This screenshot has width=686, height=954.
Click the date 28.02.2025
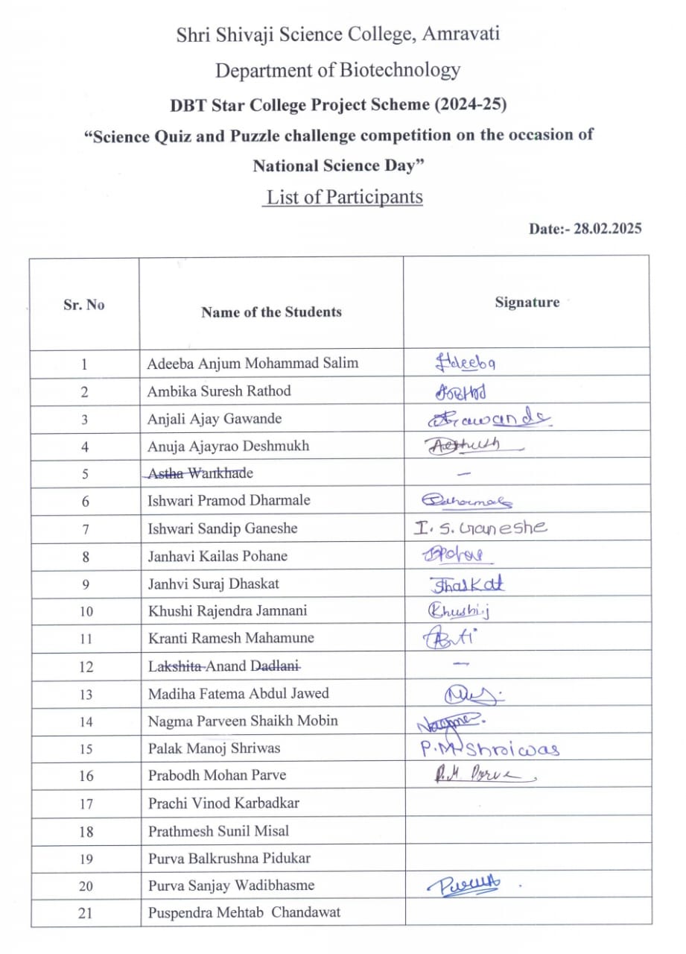point(606,229)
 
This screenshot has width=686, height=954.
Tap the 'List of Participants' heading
point(345,198)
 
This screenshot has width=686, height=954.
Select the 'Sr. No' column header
point(84,305)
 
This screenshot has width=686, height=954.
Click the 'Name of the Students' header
point(271,312)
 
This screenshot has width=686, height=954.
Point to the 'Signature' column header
point(527,302)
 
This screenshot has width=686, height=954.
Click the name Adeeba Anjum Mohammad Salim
point(253,364)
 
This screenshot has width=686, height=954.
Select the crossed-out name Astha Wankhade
point(200,473)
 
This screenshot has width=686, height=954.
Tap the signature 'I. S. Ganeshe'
point(480,528)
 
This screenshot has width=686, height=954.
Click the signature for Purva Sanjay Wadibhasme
point(463,885)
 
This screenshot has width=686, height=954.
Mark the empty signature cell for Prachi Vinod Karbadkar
point(527,803)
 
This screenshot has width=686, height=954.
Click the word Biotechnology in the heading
point(399,71)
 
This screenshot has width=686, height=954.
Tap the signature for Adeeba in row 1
point(466,363)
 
